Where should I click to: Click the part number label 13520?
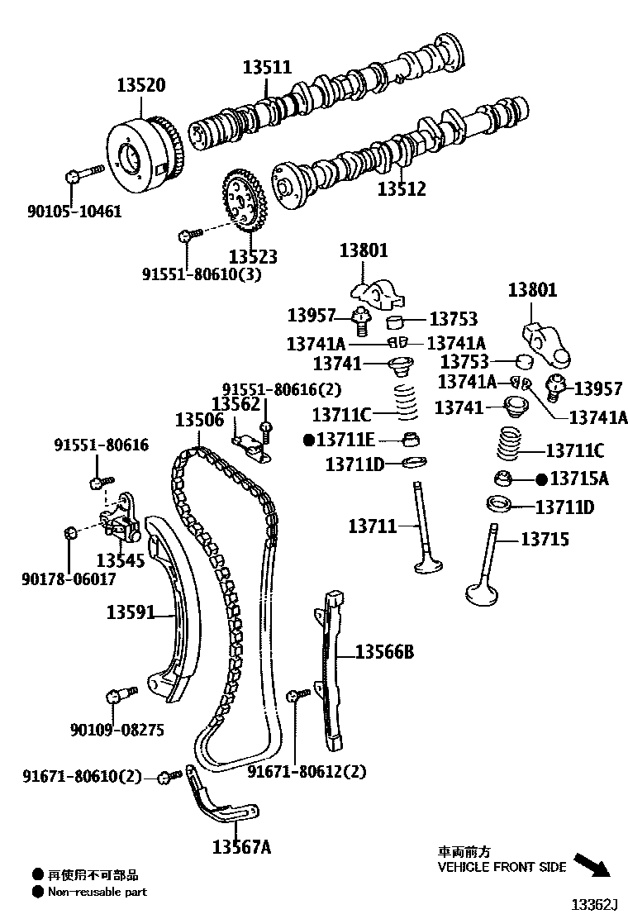[x=140, y=84]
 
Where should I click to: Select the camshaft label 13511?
[x=267, y=67]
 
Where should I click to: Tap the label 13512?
[x=402, y=189]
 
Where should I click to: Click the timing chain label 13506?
[x=199, y=420]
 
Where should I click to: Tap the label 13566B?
[x=385, y=653]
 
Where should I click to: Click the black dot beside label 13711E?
[x=308, y=440]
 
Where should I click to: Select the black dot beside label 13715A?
[x=541, y=479]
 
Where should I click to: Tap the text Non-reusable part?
[x=97, y=892]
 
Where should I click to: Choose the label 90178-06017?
[x=69, y=579]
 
